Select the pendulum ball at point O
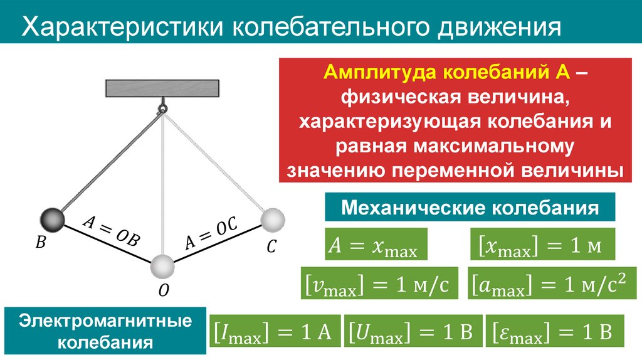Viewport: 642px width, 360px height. tap(162, 266)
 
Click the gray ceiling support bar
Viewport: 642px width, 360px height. tap(162, 88)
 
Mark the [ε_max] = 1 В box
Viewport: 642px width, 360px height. tap(555, 331)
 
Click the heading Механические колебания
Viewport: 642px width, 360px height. tap(469, 208)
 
